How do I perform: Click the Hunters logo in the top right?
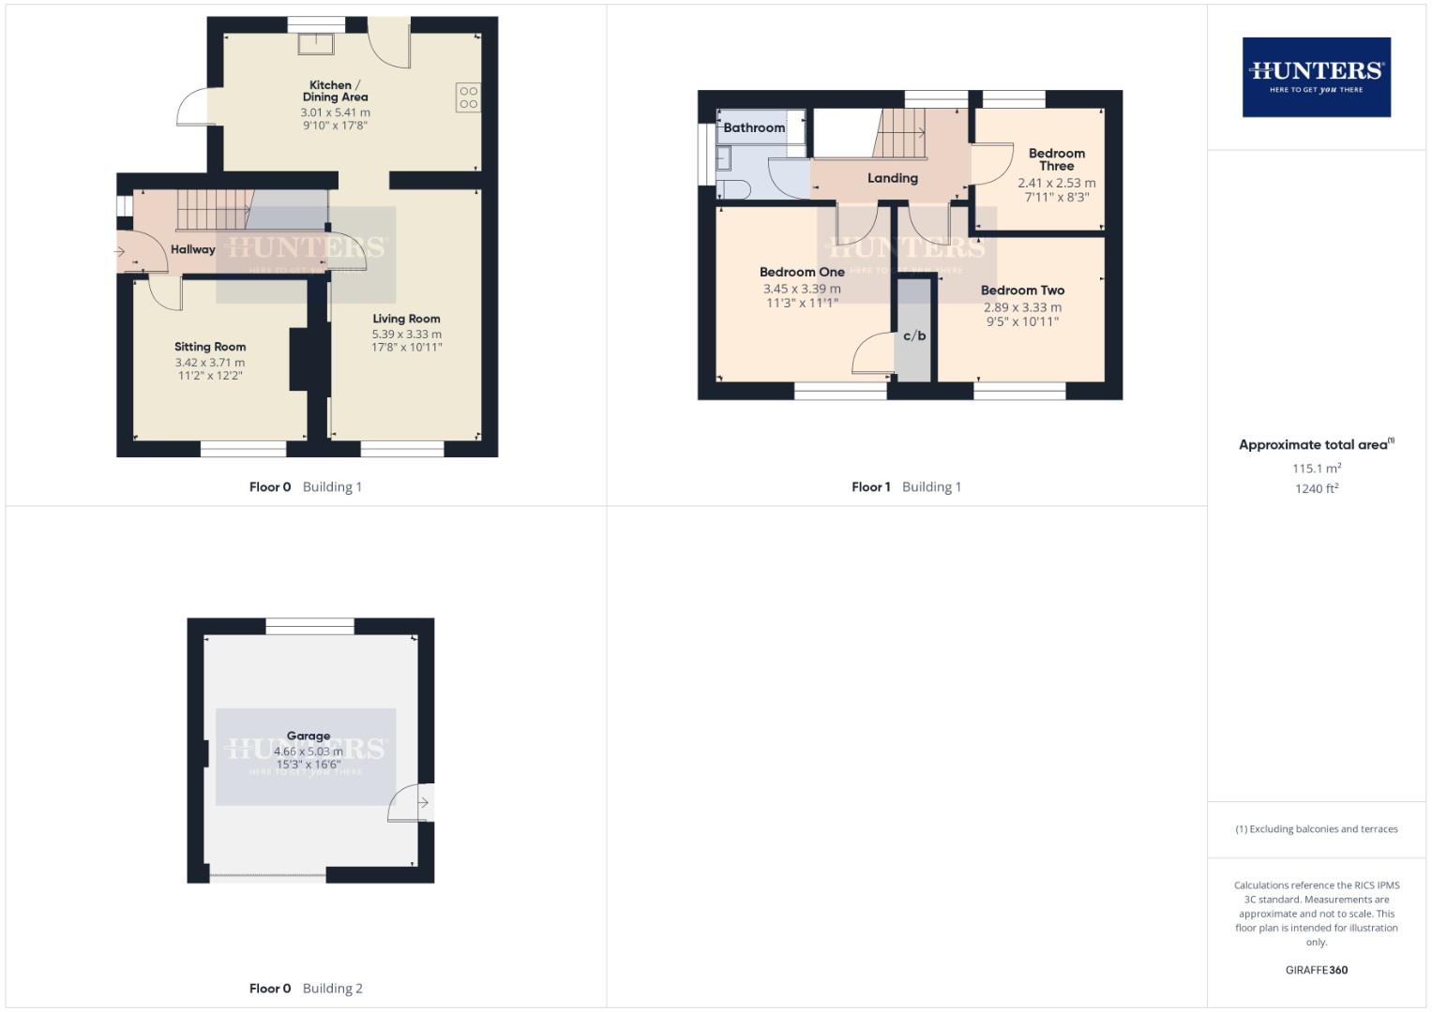click(1316, 77)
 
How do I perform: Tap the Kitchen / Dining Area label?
click(335, 91)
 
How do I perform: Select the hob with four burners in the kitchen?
click(468, 97)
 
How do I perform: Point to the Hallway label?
click(193, 249)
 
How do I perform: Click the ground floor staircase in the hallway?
click(215, 209)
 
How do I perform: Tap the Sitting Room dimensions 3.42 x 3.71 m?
click(210, 363)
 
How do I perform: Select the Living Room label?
click(406, 319)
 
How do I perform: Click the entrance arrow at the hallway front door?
click(120, 251)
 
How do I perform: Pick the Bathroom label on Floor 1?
click(754, 127)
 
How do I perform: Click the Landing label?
click(892, 178)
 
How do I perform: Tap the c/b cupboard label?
click(914, 335)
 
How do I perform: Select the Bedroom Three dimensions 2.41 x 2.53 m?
click(1056, 184)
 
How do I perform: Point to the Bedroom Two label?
click(1022, 290)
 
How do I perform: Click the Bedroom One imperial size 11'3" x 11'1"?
click(802, 304)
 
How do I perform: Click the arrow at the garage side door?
click(424, 803)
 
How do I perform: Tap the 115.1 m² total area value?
click(1316, 469)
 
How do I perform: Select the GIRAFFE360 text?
click(1316, 970)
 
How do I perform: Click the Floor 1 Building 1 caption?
click(906, 487)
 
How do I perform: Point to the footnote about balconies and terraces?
click(1316, 829)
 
